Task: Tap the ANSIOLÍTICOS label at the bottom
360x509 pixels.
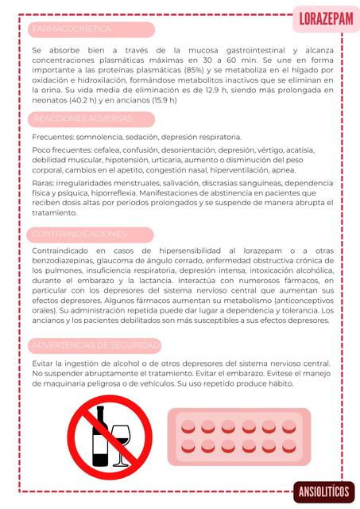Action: (323, 491)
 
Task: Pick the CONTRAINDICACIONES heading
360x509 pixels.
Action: (79, 234)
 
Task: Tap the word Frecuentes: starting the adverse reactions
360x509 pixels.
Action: (52, 137)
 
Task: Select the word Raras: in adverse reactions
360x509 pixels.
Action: (43, 182)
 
